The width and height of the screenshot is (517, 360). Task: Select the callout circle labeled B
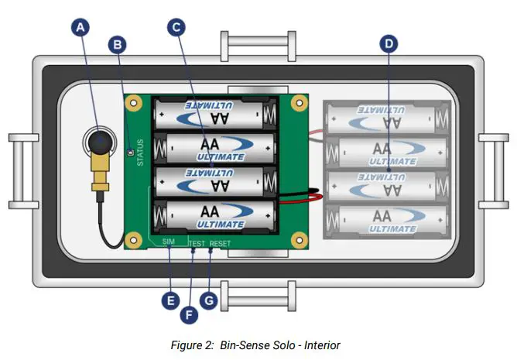point(118,44)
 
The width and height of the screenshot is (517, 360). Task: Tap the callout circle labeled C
point(176,27)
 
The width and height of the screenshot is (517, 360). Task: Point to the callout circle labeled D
point(388,44)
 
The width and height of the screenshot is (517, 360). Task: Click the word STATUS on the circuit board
point(141,153)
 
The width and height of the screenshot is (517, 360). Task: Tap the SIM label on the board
point(169,242)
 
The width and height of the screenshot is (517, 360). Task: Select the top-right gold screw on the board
point(298,102)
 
